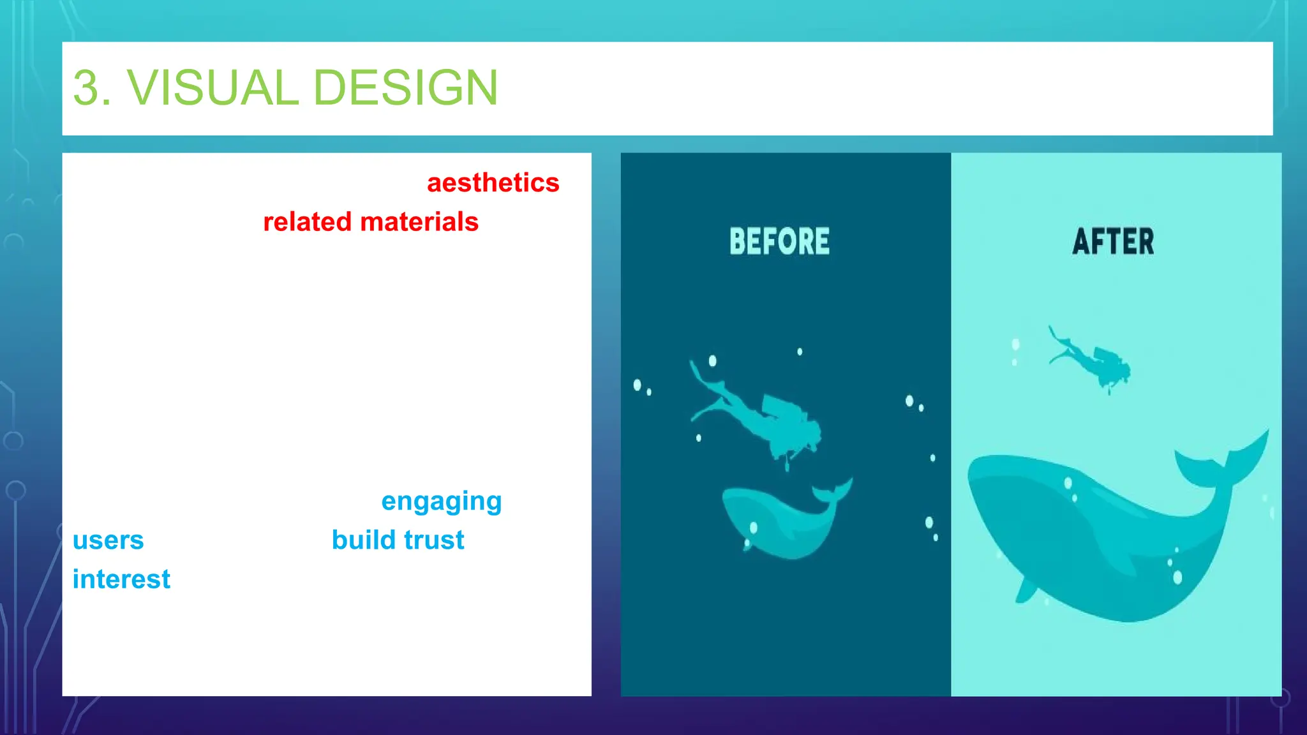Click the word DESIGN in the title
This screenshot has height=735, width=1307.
pos(406,87)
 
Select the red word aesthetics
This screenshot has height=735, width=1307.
pos(493,183)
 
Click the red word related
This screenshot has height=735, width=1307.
pos(307,222)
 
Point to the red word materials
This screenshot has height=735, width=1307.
pos(419,222)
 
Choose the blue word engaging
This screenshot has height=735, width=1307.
pos(441,501)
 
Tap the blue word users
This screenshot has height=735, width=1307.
pos(108,540)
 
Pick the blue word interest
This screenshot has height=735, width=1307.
pos(121,579)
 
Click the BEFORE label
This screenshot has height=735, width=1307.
pos(779,241)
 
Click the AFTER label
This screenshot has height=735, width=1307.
pos(1113,241)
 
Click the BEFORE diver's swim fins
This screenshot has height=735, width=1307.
pos(702,389)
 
